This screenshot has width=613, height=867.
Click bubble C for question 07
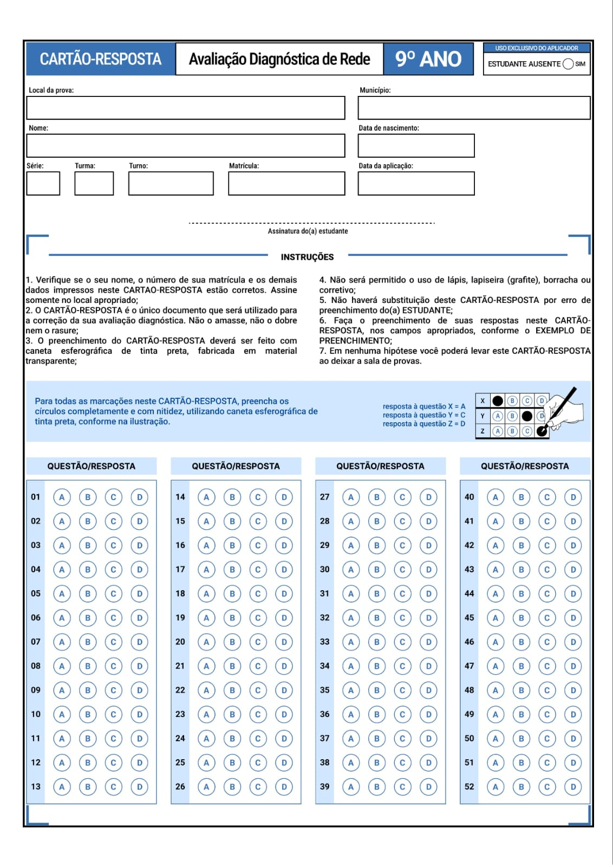click(x=113, y=642)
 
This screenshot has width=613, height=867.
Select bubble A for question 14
click(x=206, y=497)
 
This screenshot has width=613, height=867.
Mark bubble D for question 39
click(x=428, y=787)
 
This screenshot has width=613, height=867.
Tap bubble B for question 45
click(x=521, y=618)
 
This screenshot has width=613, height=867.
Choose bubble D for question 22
click(x=284, y=690)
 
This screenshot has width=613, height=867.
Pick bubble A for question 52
click(x=495, y=787)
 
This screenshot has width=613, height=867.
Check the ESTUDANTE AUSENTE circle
click(x=568, y=64)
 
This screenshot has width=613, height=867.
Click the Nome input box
click(x=186, y=146)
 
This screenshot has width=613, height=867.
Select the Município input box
click(x=474, y=108)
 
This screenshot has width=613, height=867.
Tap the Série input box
click(x=43, y=184)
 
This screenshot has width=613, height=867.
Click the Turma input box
click(x=94, y=184)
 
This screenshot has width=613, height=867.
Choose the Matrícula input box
click(x=286, y=184)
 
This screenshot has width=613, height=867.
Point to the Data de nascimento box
click(x=416, y=146)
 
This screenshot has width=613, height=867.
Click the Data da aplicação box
click(x=416, y=184)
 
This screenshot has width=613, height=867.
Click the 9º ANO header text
click(x=428, y=59)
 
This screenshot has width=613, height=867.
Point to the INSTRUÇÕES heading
click(x=307, y=257)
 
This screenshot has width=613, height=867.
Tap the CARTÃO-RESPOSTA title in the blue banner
click(x=101, y=59)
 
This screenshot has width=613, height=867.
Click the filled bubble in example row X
click(x=498, y=401)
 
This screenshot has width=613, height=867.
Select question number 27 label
click(x=324, y=497)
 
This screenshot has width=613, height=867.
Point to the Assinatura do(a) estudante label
click(x=308, y=231)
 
